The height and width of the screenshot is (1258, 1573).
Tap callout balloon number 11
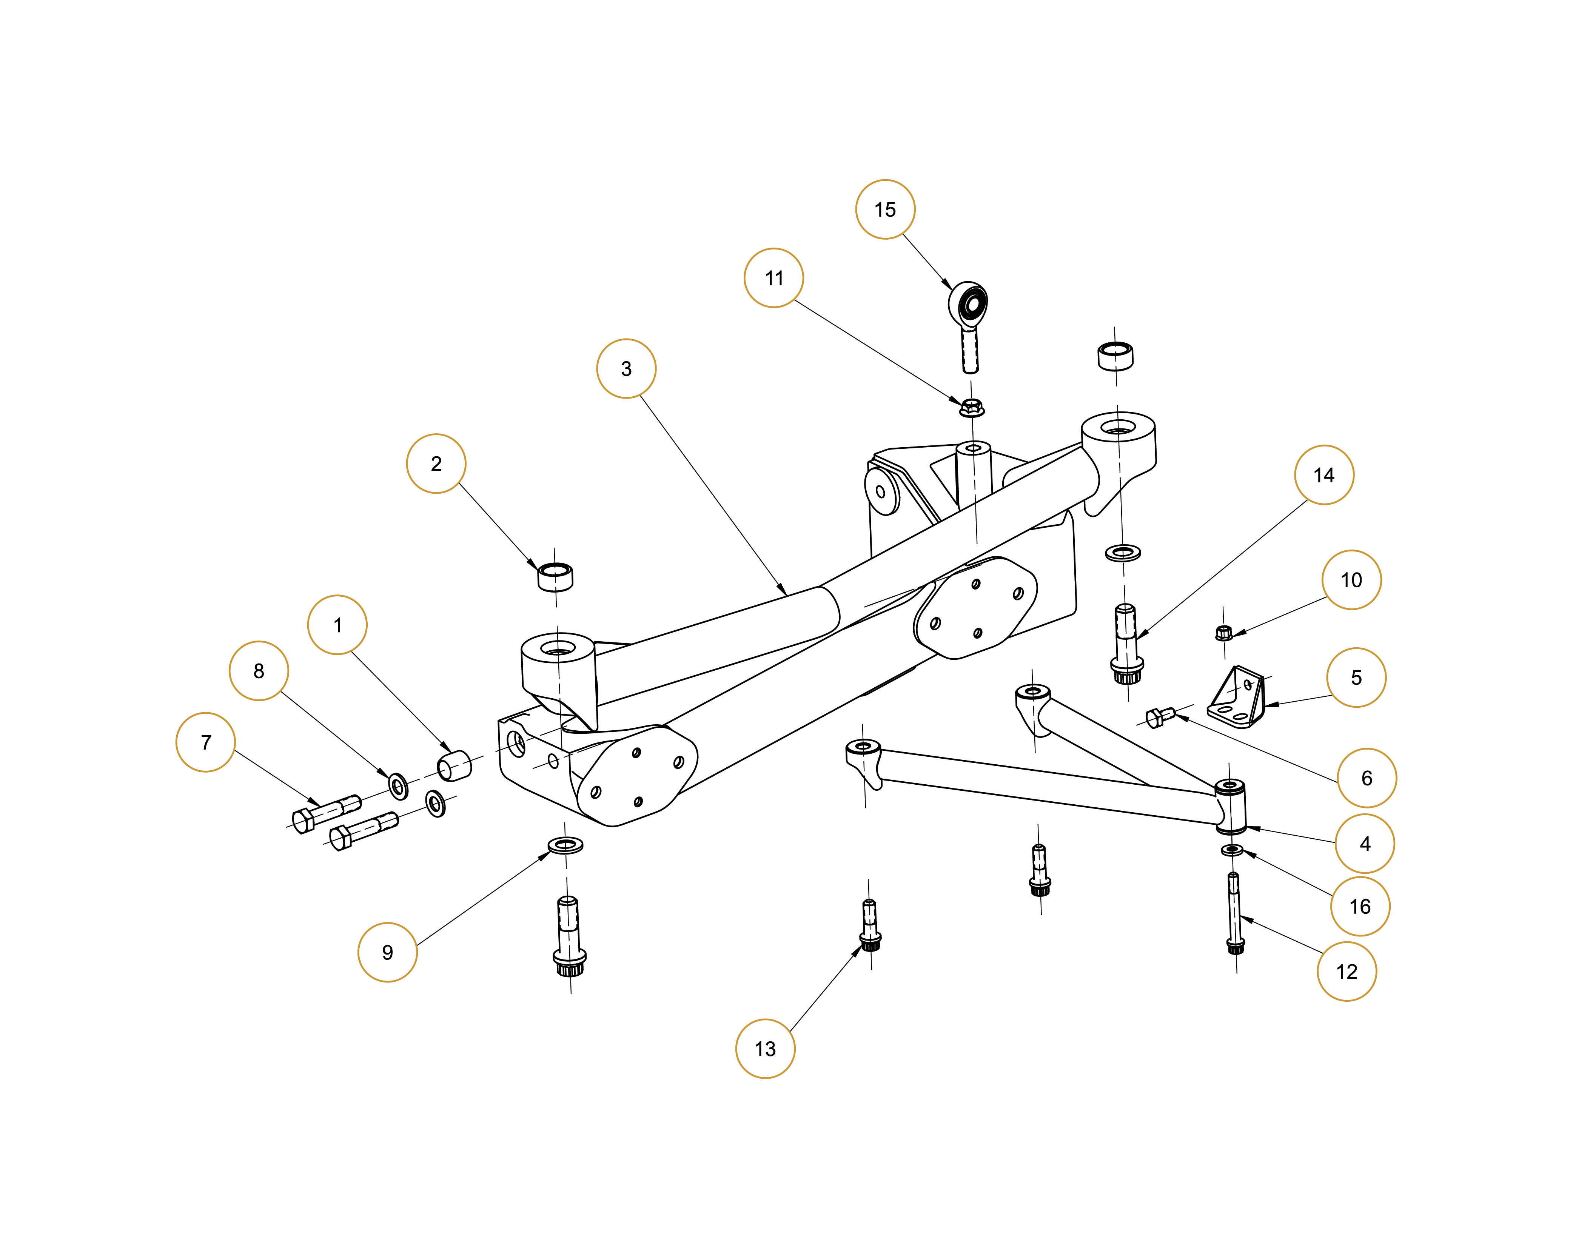click(773, 278)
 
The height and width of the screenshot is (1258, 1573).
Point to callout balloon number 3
click(626, 368)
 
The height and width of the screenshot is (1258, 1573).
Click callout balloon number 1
click(337, 625)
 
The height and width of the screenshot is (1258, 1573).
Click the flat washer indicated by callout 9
click(565, 846)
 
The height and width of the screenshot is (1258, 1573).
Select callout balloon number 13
click(765, 1049)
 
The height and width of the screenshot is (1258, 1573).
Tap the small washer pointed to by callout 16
click(1231, 849)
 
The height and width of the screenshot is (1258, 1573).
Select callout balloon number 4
click(1364, 844)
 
